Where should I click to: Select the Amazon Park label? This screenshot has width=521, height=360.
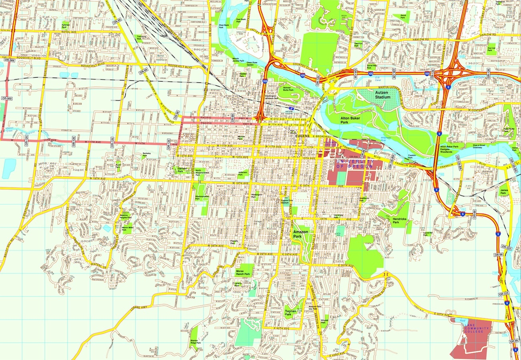click(300, 234)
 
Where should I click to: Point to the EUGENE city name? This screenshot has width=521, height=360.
click(303, 136)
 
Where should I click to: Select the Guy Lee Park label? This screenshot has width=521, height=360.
click(491, 49)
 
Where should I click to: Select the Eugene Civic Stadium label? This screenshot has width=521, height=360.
click(285, 201)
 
